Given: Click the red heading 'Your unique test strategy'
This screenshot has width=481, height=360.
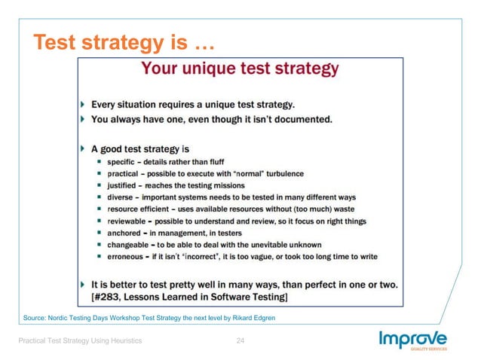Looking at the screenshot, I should (x=240, y=69).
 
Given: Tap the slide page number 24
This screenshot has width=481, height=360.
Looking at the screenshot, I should (x=240, y=342).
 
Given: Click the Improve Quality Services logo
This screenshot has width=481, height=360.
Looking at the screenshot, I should (x=412, y=341).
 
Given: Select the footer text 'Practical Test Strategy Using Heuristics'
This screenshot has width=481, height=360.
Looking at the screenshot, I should (x=80, y=342).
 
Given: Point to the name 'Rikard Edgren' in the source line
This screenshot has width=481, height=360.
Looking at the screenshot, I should (x=253, y=318).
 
